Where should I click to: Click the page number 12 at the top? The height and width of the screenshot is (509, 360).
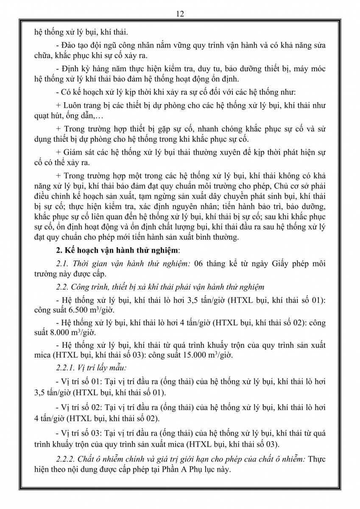click(x=180, y=14)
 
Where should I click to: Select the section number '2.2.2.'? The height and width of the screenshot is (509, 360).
click(x=66, y=459)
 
